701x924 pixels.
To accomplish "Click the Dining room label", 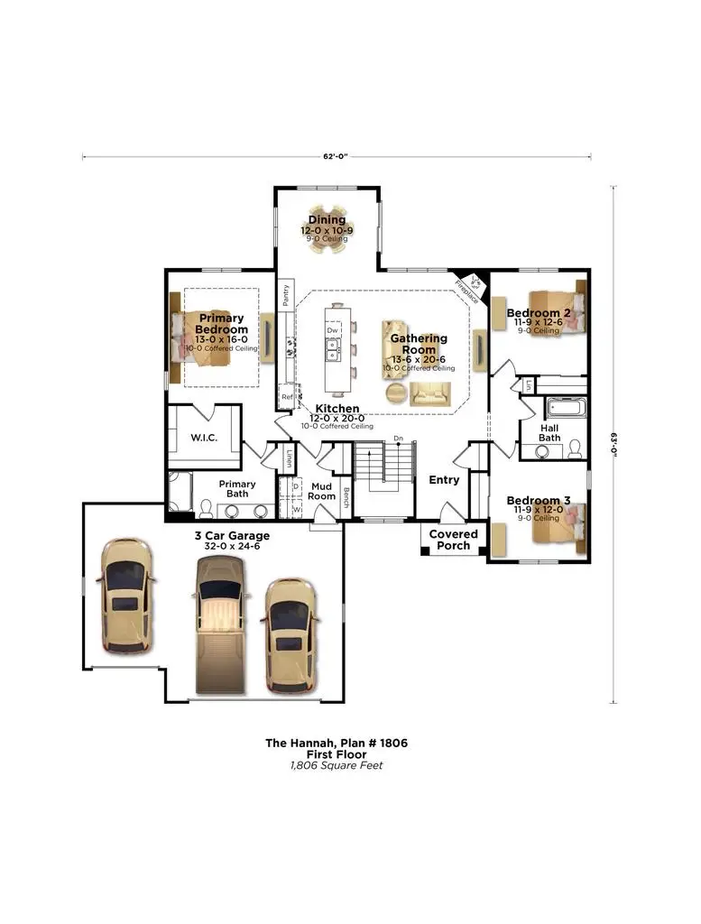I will click(x=327, y=220).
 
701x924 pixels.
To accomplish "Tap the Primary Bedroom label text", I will click(x=221, y=324).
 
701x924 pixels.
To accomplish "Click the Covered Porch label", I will click(x=453, y=540).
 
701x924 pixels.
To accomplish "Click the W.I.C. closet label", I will click(x=202, y=438).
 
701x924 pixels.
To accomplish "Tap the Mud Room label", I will click(x=322, y=490).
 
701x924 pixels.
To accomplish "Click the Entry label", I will click(x=444, y=480).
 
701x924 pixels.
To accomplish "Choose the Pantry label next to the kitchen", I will click(x=285, y=297).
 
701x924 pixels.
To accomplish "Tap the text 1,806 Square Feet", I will click(x=336, y=765).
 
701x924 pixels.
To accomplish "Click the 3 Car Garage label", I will click(x=232, y=535).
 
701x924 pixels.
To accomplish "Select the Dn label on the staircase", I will click(x=397, y=439).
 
